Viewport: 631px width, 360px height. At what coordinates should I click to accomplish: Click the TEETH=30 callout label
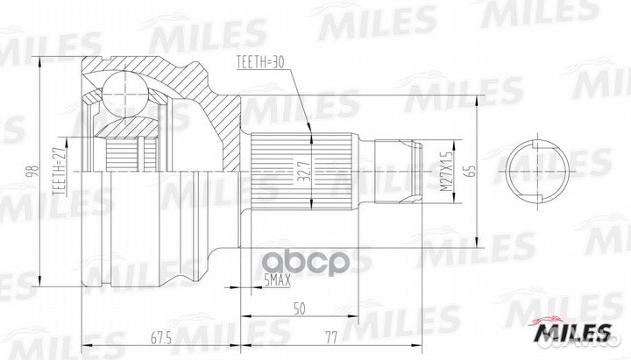(x=260, y=63)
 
